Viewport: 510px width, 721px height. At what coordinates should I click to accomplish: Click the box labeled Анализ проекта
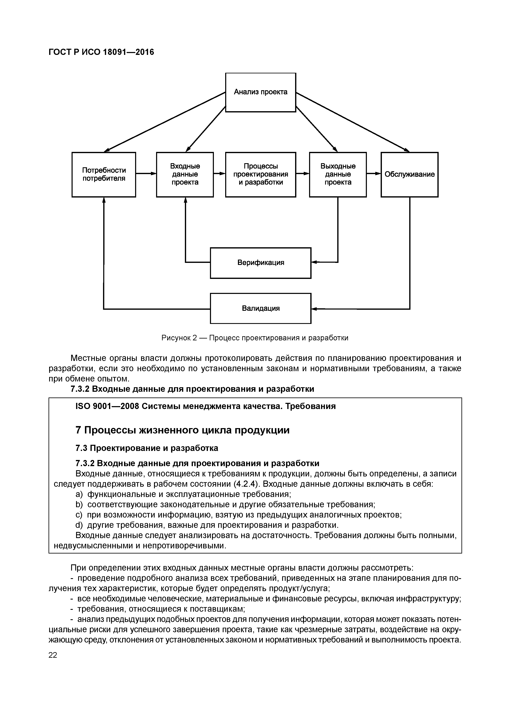(x=261, y=92)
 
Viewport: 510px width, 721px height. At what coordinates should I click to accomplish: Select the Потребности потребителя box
(x=104, y=174)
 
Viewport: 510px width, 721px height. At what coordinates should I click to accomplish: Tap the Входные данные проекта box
(x=185, y=174)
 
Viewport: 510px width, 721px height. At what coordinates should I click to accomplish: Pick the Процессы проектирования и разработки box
(x=261, y=174)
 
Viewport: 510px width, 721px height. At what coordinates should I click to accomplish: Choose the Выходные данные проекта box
(x=338, y=174)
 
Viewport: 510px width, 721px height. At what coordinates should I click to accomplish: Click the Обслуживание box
(x=409, y=174)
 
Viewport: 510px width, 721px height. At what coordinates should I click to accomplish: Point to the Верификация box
(x=261, y=263)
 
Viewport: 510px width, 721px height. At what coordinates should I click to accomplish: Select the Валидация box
(x=261, y=308)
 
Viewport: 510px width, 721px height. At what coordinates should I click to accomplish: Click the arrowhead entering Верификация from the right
(x=314, y=262)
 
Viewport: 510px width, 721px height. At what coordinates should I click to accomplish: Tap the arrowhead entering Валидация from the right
(x=314, y=309)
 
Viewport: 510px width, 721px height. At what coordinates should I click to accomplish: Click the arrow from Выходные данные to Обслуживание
(x=374, y=173)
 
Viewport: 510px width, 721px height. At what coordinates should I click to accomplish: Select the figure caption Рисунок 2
(x=255, y=338)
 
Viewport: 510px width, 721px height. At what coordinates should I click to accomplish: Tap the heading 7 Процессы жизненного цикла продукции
(x=183, y=430)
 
